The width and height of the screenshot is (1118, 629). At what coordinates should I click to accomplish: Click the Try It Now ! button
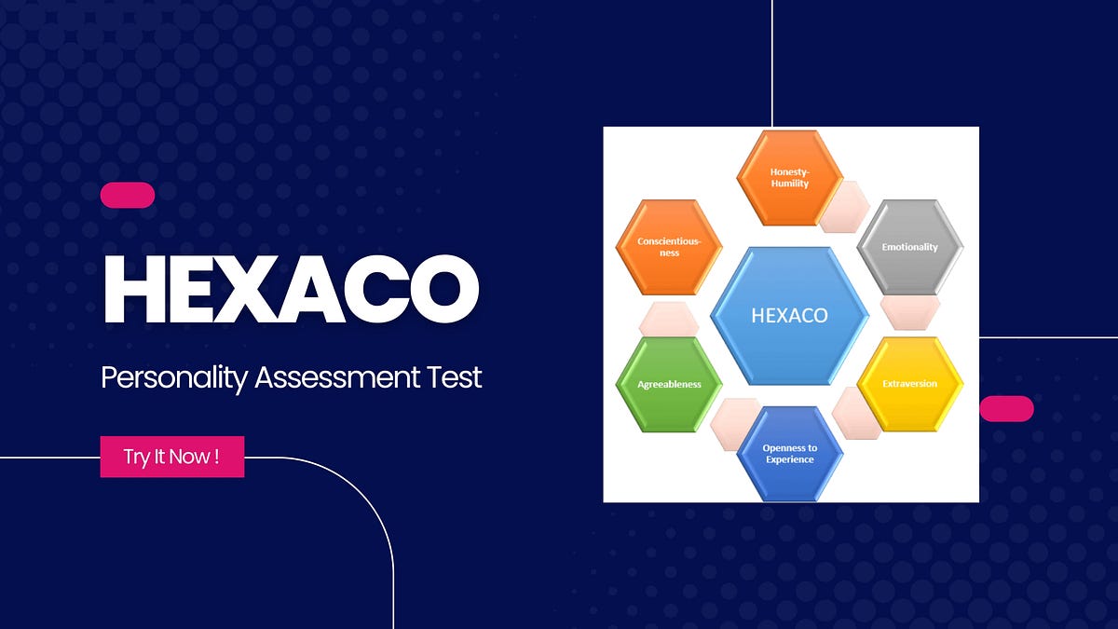[172, 457]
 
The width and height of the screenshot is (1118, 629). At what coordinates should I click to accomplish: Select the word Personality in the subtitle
[174, 378]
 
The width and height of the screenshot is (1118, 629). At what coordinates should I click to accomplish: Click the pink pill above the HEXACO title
[128, 195]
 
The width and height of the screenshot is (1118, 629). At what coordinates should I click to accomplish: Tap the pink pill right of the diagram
[1007, 408]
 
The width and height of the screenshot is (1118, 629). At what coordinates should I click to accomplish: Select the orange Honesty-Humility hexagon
[789, 177]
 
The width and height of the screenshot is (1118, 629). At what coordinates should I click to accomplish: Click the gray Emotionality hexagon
[909, 247]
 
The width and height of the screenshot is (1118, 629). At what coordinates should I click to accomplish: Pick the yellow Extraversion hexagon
[909, 383]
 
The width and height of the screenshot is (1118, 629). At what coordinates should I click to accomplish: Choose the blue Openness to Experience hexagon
[789, 453]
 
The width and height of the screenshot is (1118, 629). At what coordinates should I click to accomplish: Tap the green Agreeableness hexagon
[669, 383]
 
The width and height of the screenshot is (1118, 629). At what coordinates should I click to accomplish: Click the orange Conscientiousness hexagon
[669, 247]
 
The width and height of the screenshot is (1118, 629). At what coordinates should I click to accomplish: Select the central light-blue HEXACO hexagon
[789, 315]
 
